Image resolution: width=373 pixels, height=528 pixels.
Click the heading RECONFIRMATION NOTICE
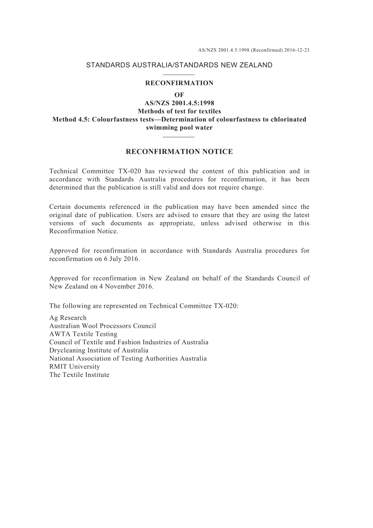click(179, 152)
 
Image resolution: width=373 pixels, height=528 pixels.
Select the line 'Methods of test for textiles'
click(179, 111)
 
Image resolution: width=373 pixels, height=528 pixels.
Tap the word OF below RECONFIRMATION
click(179, 95)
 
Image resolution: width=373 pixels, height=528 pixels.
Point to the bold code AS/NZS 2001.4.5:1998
click(179, 103)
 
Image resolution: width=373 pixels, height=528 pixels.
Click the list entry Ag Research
click(68, 318)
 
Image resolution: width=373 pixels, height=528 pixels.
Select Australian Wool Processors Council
click(102, 326)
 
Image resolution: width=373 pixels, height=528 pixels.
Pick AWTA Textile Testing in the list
click(83, 334)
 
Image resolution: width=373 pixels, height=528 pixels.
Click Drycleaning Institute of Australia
click(99, 351)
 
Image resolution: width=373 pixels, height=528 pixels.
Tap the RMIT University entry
click(75, 367)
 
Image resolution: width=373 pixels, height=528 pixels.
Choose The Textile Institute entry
click(79, 375)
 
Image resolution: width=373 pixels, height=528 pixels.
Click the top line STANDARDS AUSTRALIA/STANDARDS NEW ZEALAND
click(179, 65)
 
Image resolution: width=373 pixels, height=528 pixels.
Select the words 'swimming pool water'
click(179, 128)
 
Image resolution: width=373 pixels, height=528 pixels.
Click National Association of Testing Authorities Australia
click(128, 358)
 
